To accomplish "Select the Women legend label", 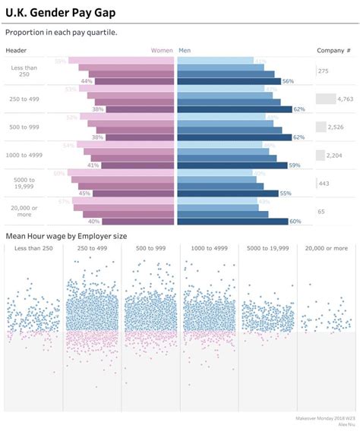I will [x=162, y=50].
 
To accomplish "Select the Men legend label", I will [x=185, y=50].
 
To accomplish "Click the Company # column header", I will [x=333, y=50].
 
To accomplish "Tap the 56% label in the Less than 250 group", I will [x=287, y=81].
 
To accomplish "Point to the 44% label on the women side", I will [x=87, y=81].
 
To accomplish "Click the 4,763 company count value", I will [x=345, y=99].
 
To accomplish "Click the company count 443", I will [x=324, y=183].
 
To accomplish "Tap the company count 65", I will [x=322, y=211].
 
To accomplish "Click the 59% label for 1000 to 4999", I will [x=295, y=165].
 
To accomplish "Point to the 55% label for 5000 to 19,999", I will [x=286, y=193].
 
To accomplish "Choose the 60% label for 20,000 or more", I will [x=295, y=222].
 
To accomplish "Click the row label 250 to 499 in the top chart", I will [x=26, y=99].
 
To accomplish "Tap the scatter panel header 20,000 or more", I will [x=327, y=248].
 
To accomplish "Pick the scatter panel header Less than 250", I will [x=33, y=248].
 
